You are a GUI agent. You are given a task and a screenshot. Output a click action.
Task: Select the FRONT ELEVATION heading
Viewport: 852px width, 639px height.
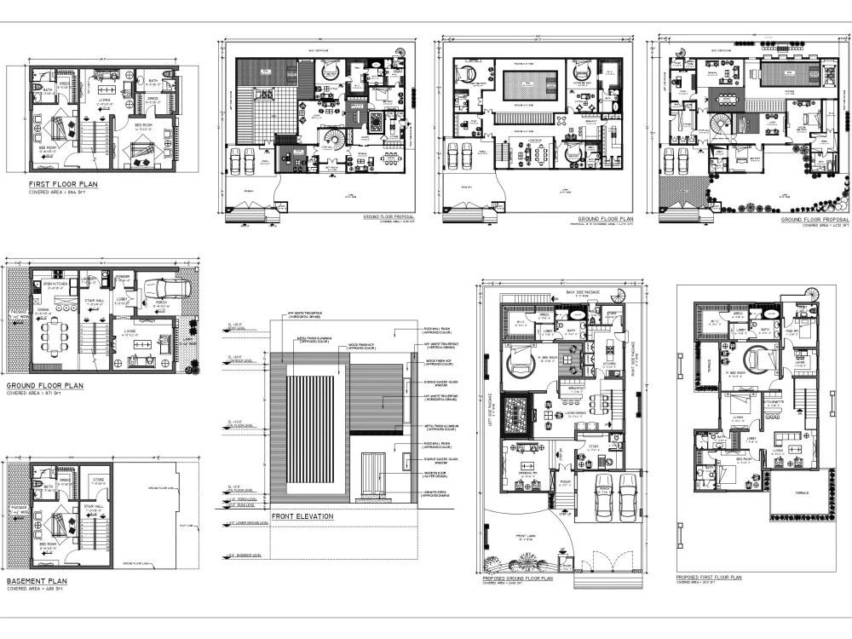coord(302,516)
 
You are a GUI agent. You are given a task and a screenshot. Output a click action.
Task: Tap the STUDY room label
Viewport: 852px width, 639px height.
coord(594,446)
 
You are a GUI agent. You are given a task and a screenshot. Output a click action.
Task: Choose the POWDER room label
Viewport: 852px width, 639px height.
coord(122,275)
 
